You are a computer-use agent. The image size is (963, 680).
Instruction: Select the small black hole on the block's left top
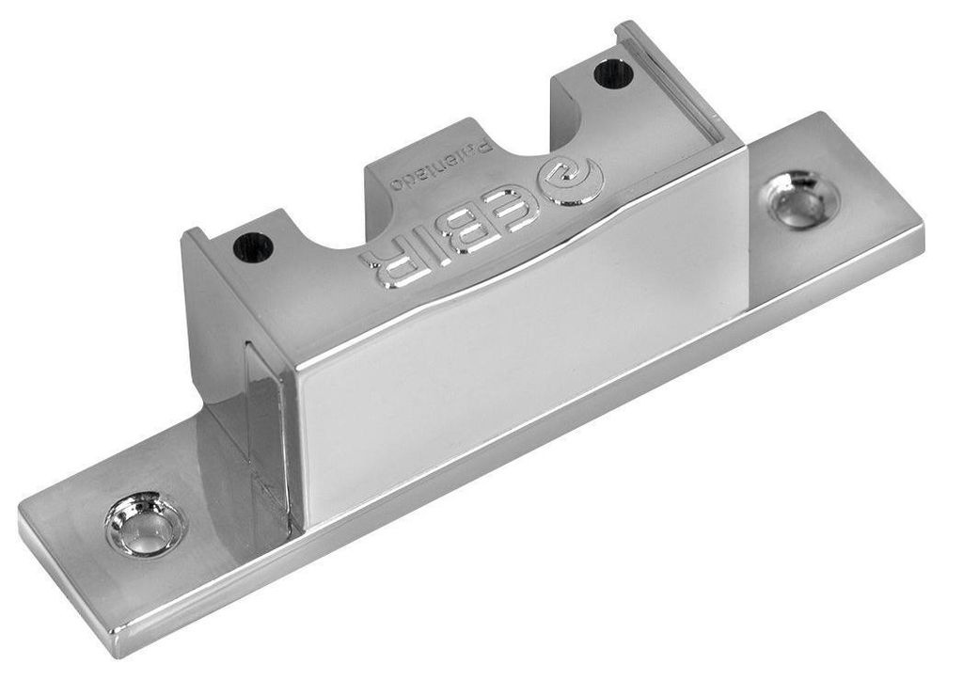253,246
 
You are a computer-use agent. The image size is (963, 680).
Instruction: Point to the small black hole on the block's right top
614,72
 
